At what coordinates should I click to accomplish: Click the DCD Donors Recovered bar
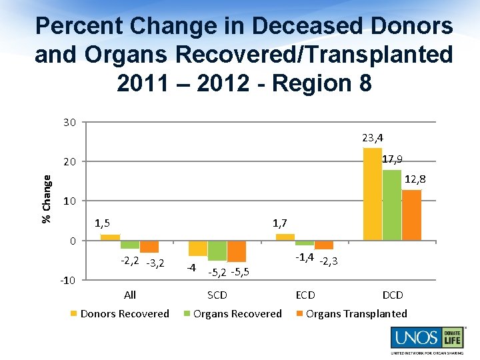(372, 193)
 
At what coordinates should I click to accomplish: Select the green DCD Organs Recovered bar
(392, 205)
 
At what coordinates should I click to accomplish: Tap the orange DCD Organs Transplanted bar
(412, 215)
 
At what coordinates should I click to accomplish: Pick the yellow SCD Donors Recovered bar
(198, 248)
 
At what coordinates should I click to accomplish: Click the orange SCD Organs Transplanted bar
(237, 251)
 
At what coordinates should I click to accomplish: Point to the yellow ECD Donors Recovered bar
(285, 237)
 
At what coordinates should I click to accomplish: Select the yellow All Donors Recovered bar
(110, 237)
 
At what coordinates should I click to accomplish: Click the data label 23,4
(373, 138)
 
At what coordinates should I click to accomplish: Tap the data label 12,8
(414, 179)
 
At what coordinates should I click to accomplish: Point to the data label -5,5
(239, 271)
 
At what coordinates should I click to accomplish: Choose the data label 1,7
(280, 223)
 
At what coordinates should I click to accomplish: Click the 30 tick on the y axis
(69, 122)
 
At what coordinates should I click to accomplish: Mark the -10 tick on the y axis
(68, 280)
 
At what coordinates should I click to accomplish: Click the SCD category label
(217, 295)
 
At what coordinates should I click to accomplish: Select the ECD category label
(305, 295)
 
